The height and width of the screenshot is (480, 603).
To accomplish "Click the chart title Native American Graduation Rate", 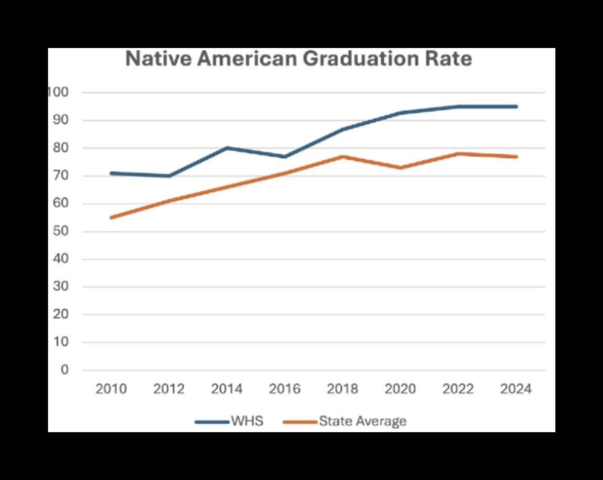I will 298,59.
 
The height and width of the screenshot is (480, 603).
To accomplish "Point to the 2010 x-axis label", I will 111,389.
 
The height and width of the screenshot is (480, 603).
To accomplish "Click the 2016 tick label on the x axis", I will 285,389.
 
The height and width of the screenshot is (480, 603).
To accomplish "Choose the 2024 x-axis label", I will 516,389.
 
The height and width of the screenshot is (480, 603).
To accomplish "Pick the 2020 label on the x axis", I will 401,389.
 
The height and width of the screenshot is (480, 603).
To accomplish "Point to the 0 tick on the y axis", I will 64,370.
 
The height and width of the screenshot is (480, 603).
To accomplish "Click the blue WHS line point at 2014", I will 227,148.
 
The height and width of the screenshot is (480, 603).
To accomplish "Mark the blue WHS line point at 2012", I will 169,176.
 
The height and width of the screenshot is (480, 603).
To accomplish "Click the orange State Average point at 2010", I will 111,217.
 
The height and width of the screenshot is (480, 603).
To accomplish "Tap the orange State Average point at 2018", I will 343,156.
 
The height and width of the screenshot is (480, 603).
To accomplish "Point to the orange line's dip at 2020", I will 401,168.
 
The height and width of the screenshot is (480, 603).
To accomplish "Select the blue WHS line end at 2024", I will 516,106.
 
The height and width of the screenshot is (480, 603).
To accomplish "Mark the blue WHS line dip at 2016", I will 285,157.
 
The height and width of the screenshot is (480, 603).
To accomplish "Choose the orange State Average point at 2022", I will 458,154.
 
